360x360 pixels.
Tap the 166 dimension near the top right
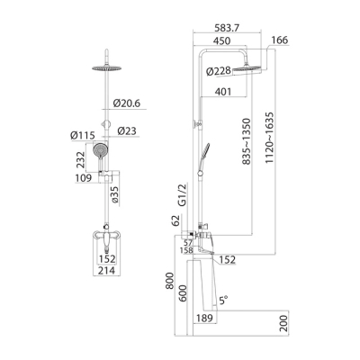(x=279, y=40)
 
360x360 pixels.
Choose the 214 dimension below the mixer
(x=108, y=269)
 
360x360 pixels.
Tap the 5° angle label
(x=222, y=299)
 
